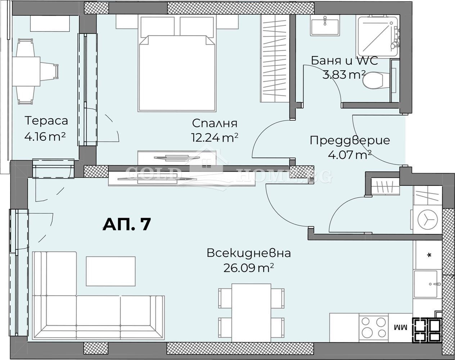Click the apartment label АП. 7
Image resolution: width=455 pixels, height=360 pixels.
pos(126,224)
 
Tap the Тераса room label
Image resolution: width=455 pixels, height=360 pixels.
pos(46,120)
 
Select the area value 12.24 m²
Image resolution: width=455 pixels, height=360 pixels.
pos(215,137)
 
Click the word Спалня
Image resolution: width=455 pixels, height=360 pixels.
pos(215,123)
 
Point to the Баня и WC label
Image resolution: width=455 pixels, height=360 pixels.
pos(344,60)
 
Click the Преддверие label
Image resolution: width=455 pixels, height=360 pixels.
pos(350,140)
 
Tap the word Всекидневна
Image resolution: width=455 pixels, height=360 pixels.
pos(248,253)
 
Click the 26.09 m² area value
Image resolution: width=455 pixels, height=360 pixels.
pos(248,267)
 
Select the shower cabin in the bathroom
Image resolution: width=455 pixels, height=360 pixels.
pos(377,35)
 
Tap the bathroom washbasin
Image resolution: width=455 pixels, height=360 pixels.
pos(325,26)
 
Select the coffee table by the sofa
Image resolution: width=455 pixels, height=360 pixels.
pos(111,271)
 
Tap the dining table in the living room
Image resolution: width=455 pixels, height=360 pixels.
pos(251,312)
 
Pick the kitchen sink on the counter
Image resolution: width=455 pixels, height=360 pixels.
pos(427,284)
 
